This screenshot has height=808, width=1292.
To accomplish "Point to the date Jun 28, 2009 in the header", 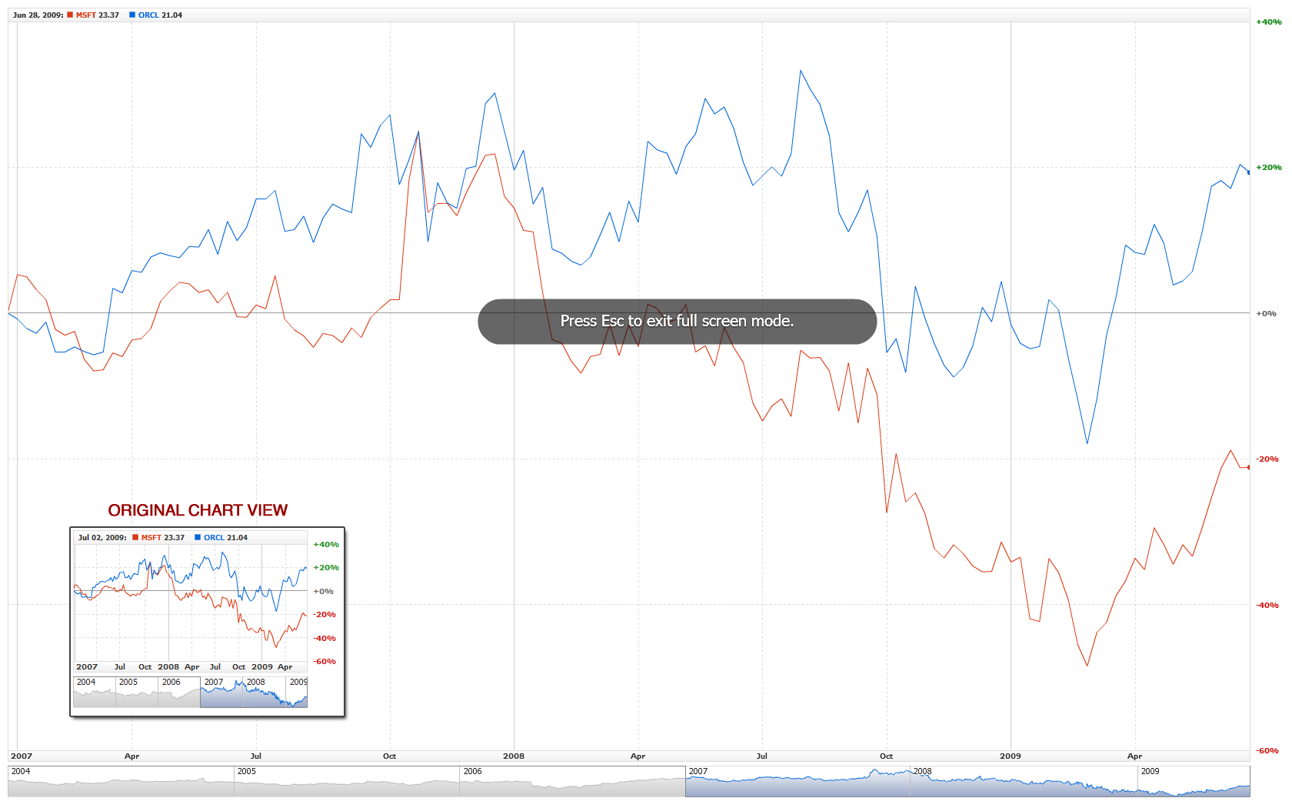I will [38, 15].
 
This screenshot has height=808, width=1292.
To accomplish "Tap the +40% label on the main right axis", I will [1268, 22].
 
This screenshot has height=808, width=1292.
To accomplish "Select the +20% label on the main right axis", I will [1268, 168].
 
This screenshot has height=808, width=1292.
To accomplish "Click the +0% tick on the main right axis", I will [1266, 314].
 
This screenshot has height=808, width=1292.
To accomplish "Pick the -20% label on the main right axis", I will [1267, 459].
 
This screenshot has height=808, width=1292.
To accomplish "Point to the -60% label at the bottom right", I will [1267, 751].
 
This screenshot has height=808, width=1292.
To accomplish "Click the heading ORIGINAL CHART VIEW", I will [198, 510].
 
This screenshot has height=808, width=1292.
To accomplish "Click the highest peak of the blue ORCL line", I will [801, 71].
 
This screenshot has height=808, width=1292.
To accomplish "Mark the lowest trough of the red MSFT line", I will [1087, 666].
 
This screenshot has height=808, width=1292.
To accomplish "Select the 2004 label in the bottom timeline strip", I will [21, 771].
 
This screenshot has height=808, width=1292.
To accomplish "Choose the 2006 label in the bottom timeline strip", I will [472, 771].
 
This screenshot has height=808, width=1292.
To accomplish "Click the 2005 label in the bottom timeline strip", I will [247, 771].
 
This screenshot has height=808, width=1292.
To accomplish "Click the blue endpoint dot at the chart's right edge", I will [1248, 172].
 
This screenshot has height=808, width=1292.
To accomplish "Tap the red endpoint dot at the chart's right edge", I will [1248, 467].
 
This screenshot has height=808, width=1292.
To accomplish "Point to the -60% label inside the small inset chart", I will [325, 662].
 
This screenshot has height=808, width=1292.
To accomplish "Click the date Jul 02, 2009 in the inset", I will [102, 538].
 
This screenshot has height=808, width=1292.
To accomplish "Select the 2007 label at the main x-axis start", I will [22, 756].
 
